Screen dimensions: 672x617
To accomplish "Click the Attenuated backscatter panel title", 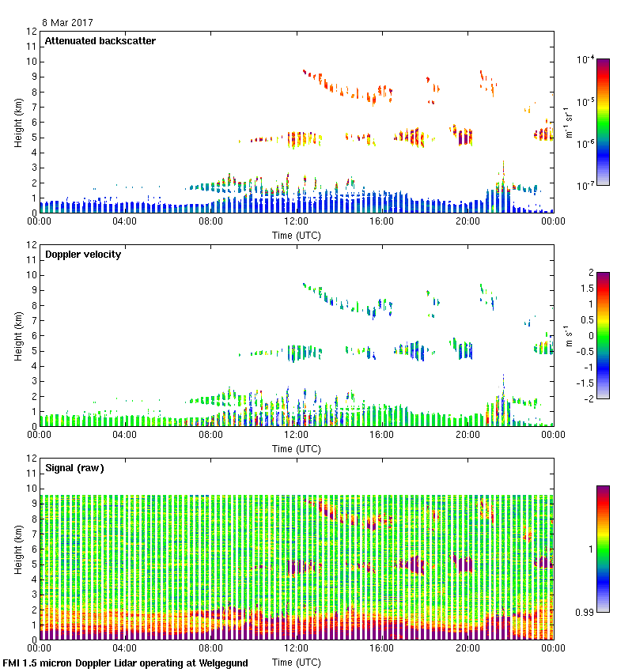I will tap(100, 41).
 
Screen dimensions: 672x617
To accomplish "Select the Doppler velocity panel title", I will tap(83, 255).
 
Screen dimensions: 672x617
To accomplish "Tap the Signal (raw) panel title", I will tap(74, 468).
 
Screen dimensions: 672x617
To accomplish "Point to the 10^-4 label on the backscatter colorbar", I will tap(585, 59).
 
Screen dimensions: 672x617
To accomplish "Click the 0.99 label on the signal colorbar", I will tap(585, 612).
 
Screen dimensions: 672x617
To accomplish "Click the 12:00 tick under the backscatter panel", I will tap(297, 222).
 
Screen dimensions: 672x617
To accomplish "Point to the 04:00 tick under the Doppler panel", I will tap(125, 435).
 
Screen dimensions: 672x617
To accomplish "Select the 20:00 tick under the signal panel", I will tap(467, 648).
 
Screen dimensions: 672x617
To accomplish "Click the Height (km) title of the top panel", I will tap(18, 122).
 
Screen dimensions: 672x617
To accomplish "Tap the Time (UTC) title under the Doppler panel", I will tap(297, 448).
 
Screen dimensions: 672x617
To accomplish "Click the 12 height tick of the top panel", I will tap(32, 32).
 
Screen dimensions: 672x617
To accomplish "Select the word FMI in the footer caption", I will tap(12, 663).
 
